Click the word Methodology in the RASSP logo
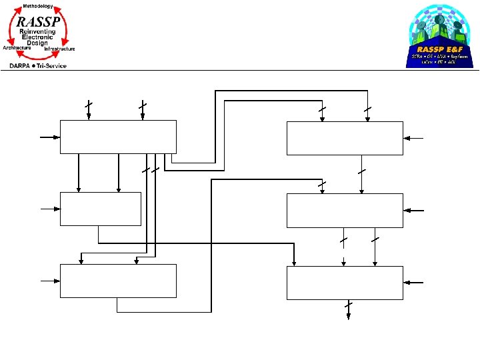37,6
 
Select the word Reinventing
38,31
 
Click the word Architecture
17,48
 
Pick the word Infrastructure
59,49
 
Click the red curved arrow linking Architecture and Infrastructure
37,55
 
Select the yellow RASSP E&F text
439,49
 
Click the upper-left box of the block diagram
118,137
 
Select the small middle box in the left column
100,209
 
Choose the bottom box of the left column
118,281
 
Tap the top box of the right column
345,138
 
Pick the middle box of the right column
345,210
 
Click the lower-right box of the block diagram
345,283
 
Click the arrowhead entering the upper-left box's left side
57,137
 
